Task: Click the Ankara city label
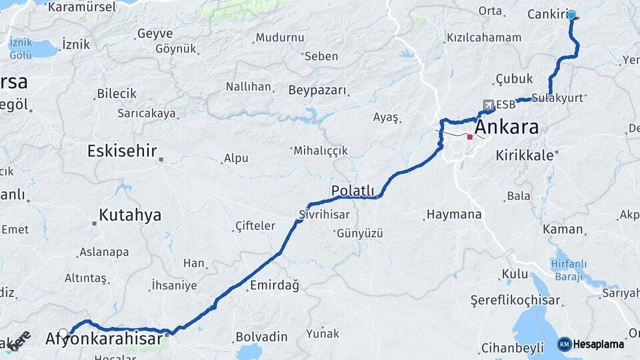[x=506, y=127]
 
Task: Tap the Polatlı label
[x=353, y=191]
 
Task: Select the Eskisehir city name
[x=122, y=151]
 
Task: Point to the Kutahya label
[x=130, y=215]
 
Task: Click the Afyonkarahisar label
[x=104, y=339]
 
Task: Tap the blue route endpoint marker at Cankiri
[x=571, y=14]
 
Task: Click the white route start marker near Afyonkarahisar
[x=63, y=333]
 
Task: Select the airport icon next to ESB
[x=488, y=105]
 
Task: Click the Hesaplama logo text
[x=599, y=344]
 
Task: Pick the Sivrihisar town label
[x=323, y=215]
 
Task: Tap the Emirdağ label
[x=274, y=285]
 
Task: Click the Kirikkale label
[x=525, y=155]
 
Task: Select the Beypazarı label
[x=317, y=90]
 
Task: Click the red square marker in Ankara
[x=469, y=137]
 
